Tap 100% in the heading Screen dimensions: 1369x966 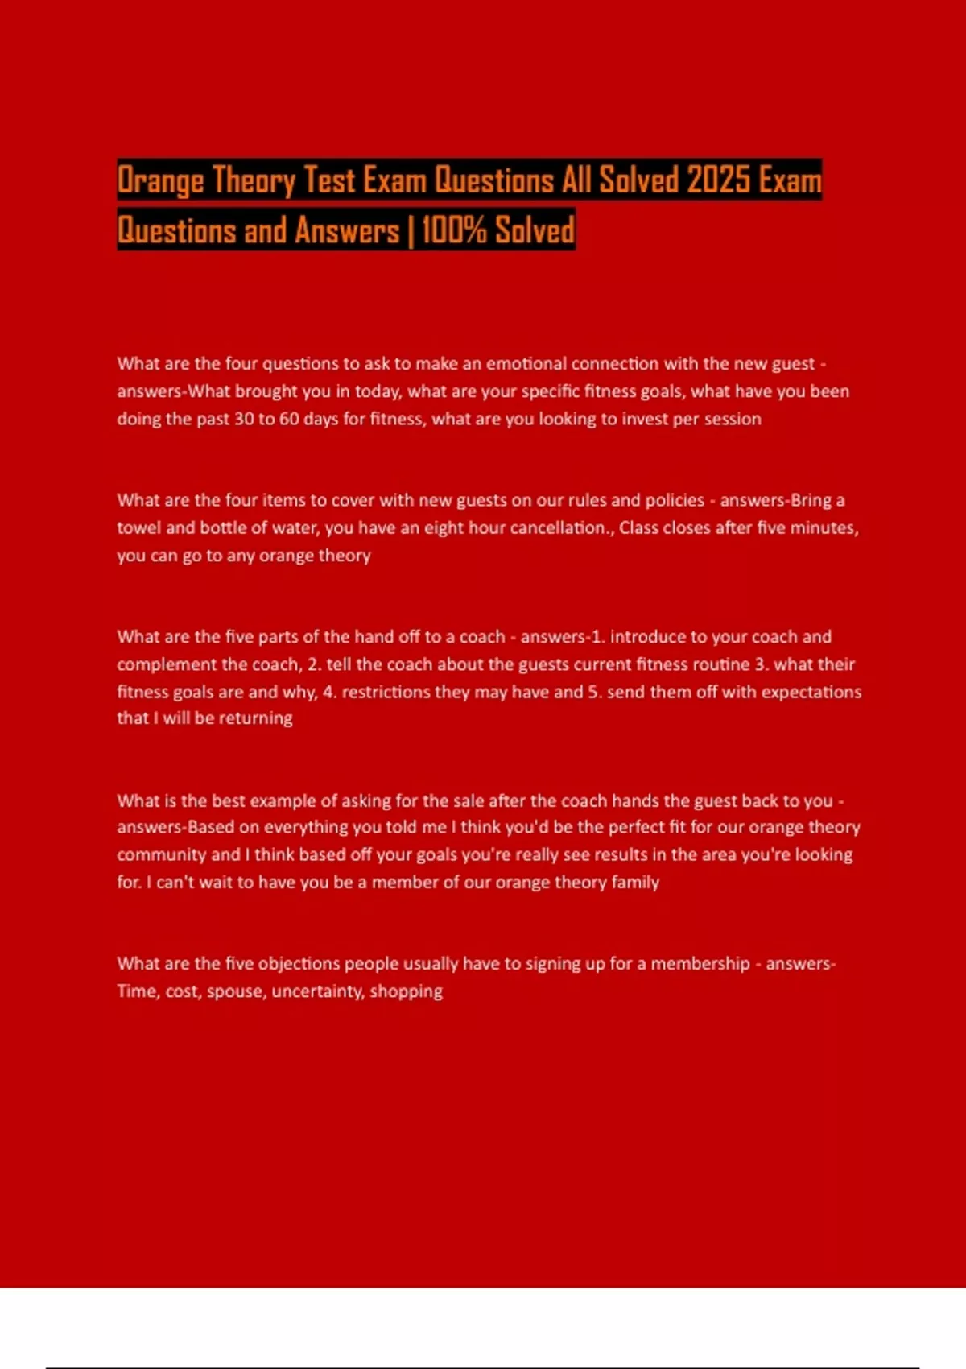[x=454, y=230]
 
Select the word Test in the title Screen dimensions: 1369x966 [x=329, y=180]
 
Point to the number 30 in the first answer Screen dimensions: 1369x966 [x=243, y=419]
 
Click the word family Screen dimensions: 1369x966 [x=635, y=883]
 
